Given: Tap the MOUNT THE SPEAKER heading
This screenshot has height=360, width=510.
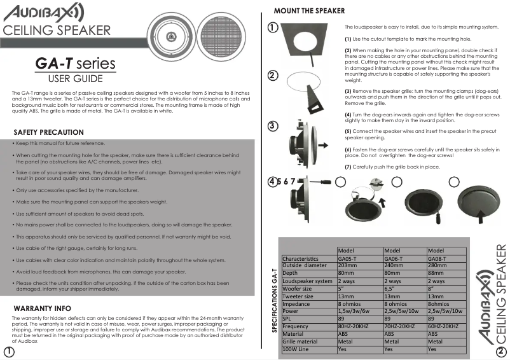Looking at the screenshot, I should coord(309,11).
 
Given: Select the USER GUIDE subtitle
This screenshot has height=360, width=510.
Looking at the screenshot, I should coord(75,79).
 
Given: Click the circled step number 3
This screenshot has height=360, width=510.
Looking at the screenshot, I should coord(272,125).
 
